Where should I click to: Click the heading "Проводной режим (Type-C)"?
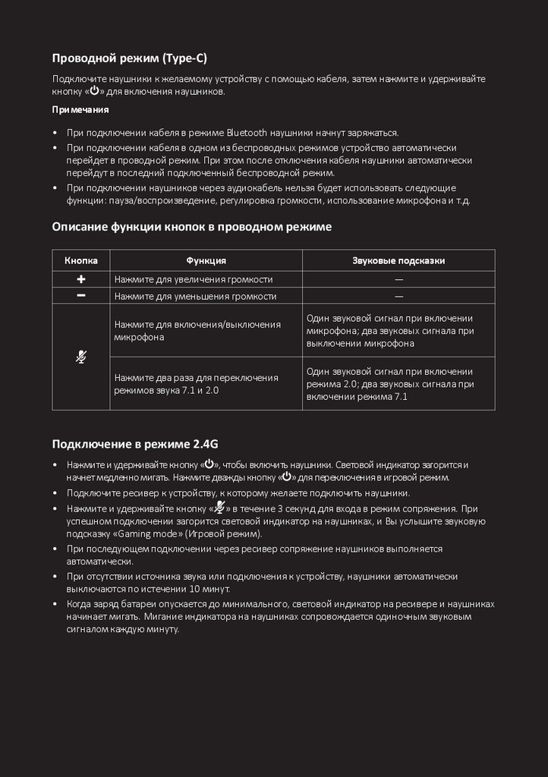[129, 58]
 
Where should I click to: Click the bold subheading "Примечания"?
[80, 110]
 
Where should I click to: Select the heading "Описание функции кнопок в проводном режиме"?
[192, 226]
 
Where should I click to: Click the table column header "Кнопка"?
[81, 260]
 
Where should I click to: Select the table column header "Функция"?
[206, 260]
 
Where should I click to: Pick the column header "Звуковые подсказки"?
[398, 260]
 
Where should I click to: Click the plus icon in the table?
[81, 279]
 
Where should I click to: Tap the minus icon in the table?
[81, 296]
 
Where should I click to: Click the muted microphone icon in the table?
[81, 357]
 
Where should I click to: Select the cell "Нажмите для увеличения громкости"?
[193, 279]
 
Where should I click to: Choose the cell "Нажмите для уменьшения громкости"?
[195, 296]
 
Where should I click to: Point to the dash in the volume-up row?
[398, 279]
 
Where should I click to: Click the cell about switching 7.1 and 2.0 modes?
[196, 383]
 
